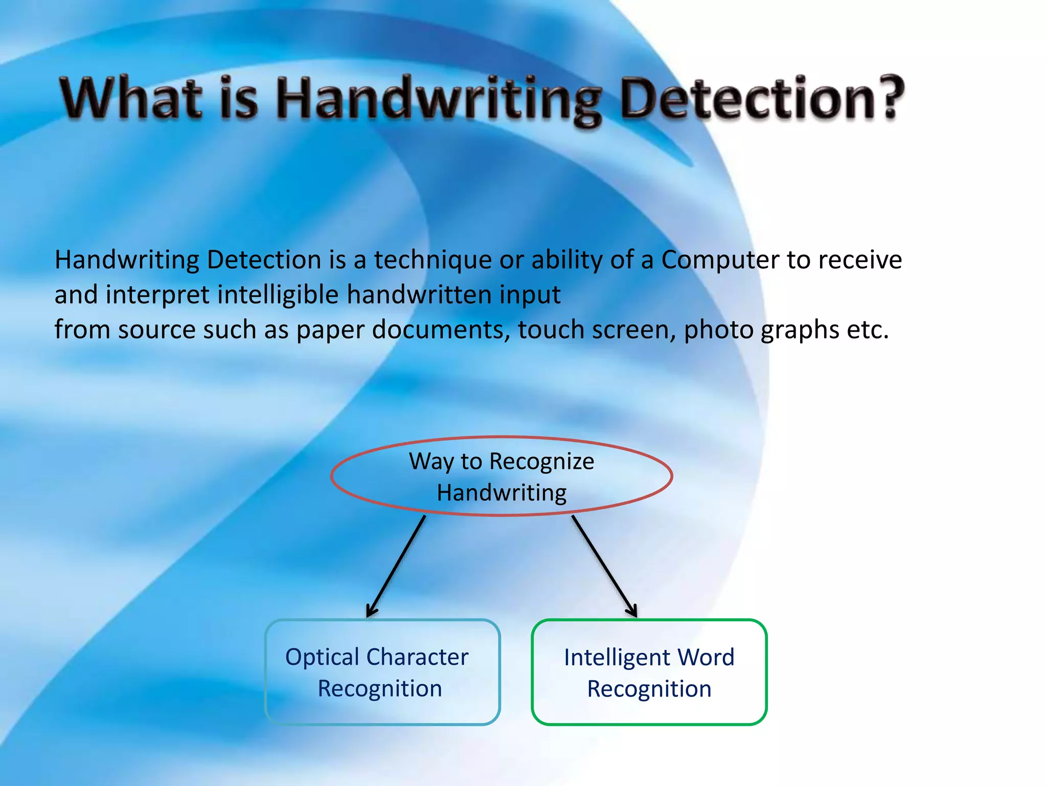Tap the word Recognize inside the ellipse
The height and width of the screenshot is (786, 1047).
coord(542,462)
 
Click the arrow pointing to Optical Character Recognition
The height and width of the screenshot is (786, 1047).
coord(396,565)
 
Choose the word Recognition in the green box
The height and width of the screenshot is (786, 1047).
coord(649,689)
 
